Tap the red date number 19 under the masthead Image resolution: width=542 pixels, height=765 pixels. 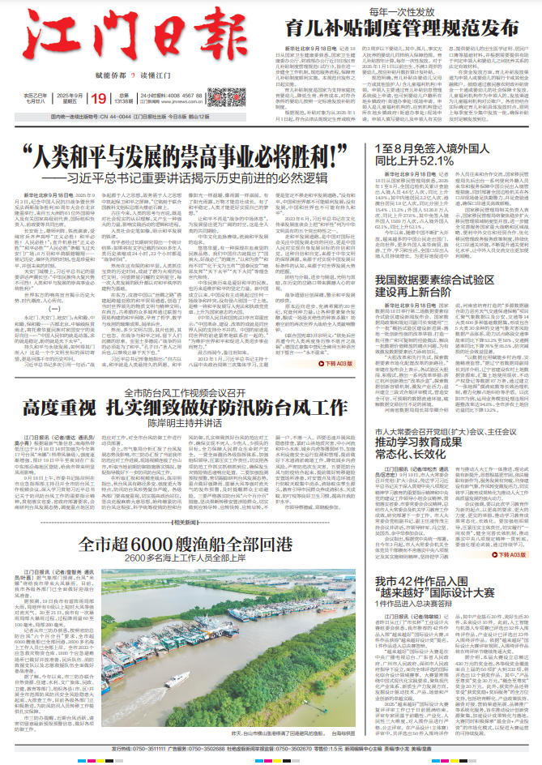tap(100, 98)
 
